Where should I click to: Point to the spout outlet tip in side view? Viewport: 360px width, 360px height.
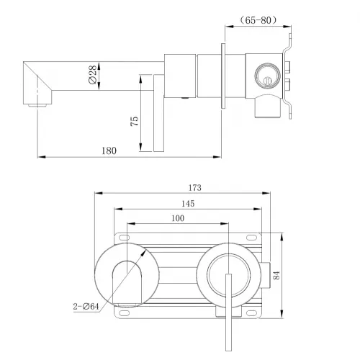32,105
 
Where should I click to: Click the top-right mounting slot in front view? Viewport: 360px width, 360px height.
253,236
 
